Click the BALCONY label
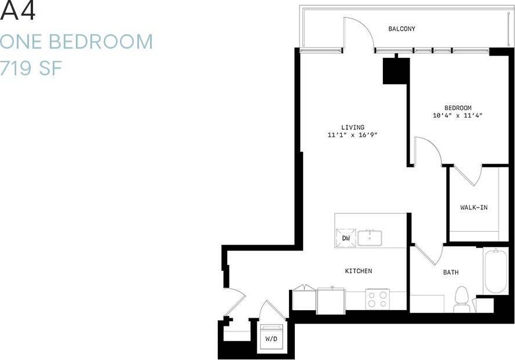point(401,29)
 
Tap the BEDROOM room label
point(458,108)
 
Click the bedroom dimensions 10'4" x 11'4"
point(458,116)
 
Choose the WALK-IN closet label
point(473,207)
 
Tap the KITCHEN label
point(358,271)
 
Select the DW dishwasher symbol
point(346,238)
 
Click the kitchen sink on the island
point(369,238)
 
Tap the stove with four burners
point(377,299)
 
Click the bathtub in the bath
point(496,271)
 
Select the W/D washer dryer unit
point(271,337)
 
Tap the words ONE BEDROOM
point(76,42)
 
